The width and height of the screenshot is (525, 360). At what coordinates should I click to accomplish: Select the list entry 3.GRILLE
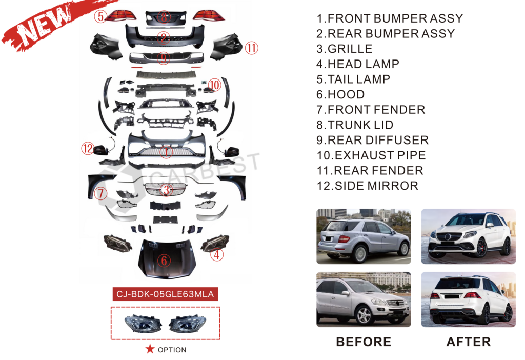coord(344,49)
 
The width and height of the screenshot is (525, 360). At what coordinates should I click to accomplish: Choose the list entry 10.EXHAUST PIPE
coord(371,155)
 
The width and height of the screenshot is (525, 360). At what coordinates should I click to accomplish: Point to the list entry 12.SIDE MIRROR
coord(367,186)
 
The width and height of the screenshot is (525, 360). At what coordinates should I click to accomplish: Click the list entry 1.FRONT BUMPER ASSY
coord(389,19)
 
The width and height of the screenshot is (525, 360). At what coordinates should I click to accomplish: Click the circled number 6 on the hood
coord(164,261)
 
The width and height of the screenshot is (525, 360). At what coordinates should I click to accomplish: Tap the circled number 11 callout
coord(251,49)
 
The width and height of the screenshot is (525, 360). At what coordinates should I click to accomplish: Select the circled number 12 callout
coord(88,149)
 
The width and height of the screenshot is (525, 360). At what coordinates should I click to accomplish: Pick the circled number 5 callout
coord(100,16)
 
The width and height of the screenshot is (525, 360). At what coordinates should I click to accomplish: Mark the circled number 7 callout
coord(100,193)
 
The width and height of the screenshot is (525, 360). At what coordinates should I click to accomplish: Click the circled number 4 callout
coord(217,254)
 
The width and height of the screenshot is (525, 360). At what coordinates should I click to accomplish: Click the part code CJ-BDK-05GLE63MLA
coord(166,294)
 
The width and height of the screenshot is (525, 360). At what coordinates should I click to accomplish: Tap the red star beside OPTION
coord(150,349)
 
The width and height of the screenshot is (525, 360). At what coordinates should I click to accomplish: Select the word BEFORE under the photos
coord(363,342)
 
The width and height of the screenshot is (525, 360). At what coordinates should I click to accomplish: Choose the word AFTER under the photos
coord(468,342)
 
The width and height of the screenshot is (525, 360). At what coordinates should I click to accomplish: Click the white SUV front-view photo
coord(468,236)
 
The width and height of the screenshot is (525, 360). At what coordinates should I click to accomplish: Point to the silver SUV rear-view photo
coord(364,236)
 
